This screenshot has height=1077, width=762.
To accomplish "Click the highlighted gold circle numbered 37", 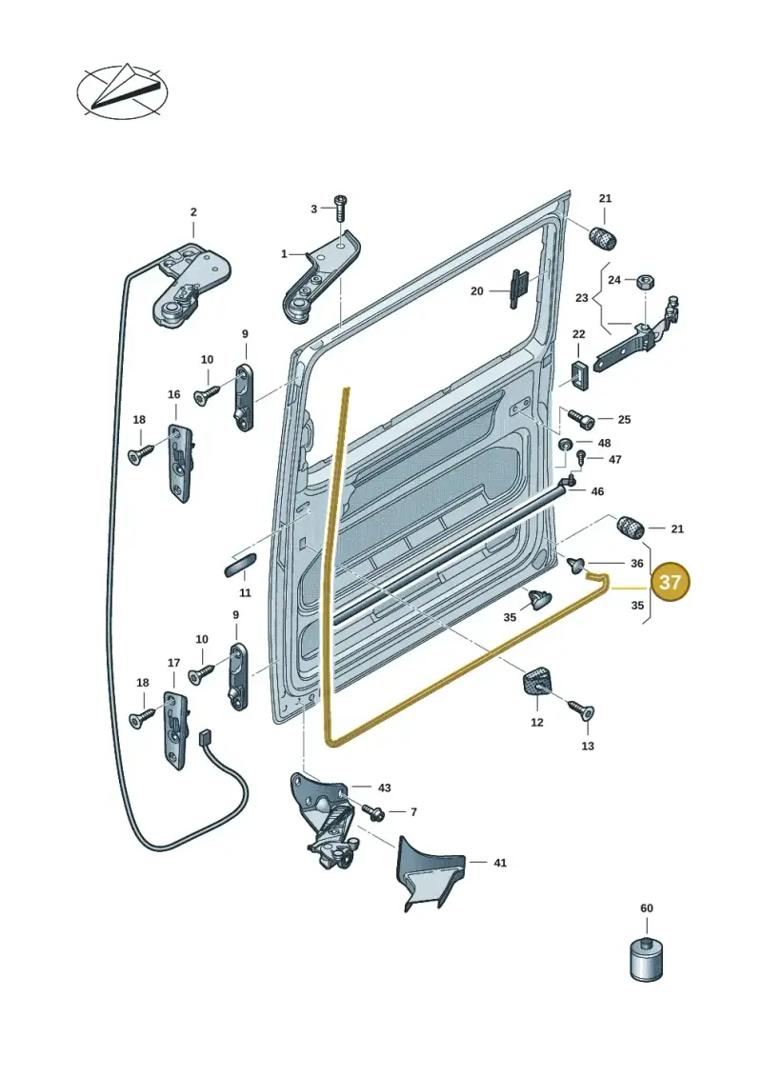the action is coord(670,583).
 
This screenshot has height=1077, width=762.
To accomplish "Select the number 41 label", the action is coord(499,862).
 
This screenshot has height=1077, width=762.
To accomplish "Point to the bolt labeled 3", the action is coord(342,208).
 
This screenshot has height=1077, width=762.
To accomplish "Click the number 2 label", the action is coord(193,212).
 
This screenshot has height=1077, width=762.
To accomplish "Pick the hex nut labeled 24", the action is coord(645,280).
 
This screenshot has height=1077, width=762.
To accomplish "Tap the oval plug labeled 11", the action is coord(238,564).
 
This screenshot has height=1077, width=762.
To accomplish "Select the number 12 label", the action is coord(536,722).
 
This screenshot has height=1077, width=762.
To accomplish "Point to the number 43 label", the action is coord(384,788).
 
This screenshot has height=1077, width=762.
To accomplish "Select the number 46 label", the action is coord(597,491).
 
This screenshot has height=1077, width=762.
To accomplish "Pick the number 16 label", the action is coord(174,394).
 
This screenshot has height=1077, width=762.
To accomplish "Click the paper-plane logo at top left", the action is coord(122,90).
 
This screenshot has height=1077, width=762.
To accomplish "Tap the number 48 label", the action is coord(604,443).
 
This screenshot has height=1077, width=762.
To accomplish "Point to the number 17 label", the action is coord(174,663).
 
